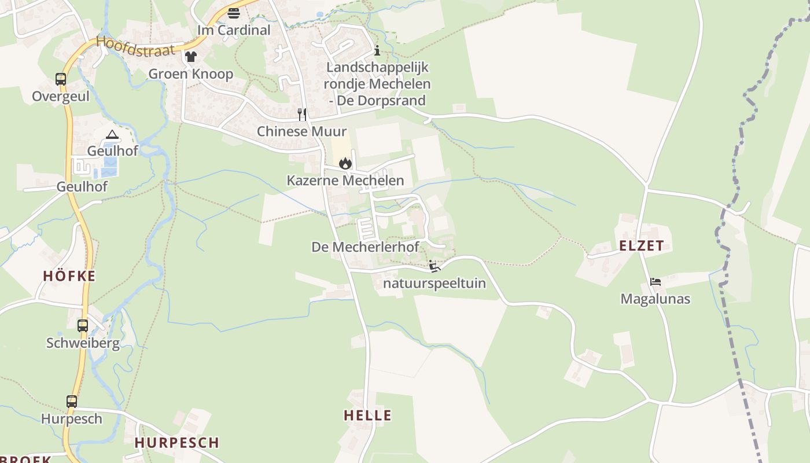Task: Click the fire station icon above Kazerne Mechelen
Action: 345,163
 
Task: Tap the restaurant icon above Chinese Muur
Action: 301,114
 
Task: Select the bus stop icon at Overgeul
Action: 61,79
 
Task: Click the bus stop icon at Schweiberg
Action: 83,326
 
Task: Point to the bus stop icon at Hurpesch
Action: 72,401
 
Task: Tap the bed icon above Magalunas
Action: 655,282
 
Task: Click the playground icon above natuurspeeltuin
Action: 435,266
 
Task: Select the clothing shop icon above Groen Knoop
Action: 191,57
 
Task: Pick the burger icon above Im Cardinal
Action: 234,13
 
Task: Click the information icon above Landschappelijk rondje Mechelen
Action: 377,50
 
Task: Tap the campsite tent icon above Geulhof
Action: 112,135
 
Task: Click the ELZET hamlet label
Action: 642,246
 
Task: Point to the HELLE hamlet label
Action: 367,416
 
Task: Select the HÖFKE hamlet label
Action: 69,277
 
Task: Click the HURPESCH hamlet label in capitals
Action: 177,443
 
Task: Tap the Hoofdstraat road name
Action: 135,46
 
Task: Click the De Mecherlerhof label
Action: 365,247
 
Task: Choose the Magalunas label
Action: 655,299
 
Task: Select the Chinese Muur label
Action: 301,131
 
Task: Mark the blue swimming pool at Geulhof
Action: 108,171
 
